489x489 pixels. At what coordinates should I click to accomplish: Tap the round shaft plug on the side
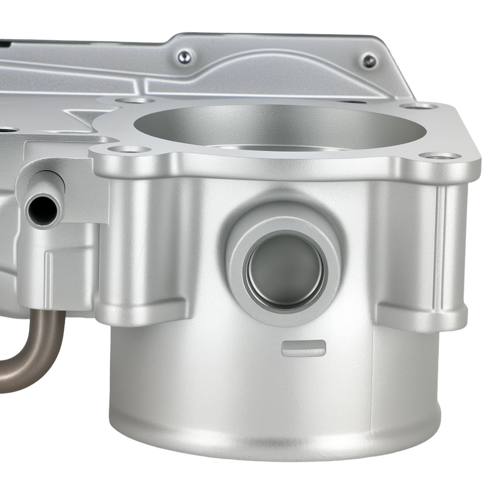[285, 270]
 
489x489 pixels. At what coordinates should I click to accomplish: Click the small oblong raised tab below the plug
[304, 348]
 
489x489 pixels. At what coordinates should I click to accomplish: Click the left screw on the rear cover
[185, 57]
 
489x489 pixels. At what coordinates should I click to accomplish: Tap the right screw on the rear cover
[369, 61]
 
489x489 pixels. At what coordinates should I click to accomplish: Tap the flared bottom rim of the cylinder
[274, 440]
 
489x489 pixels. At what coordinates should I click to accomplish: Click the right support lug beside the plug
[421, 315]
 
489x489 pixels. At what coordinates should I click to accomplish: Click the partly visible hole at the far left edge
[6, 130]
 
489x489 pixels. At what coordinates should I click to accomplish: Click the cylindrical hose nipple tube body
[49, 186]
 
